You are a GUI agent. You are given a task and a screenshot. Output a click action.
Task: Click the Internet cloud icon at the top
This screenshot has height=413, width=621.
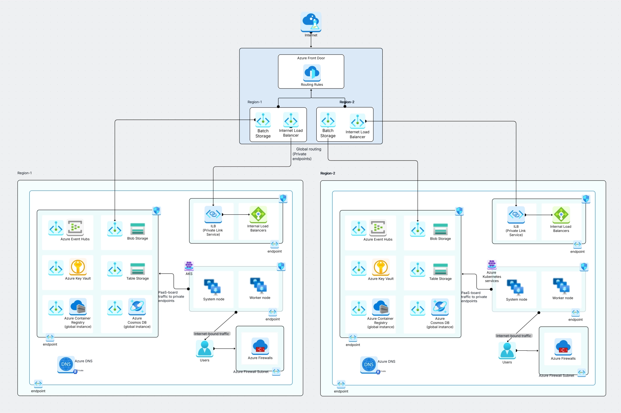311,21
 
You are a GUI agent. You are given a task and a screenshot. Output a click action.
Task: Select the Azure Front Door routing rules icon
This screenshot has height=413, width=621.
312,73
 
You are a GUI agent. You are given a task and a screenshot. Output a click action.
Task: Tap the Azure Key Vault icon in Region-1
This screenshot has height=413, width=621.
78,267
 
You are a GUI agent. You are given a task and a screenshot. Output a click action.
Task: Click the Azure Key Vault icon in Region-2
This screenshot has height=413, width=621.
381,267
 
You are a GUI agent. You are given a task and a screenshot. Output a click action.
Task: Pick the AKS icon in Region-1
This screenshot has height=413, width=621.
189,266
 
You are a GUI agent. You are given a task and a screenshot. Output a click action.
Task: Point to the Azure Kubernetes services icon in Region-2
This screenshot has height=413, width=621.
492,264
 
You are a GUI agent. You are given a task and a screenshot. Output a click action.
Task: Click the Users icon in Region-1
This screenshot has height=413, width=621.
205,348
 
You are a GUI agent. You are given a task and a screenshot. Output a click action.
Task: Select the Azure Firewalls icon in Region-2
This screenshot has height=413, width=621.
563,347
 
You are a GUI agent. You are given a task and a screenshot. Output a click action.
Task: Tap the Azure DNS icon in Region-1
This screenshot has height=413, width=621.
66,364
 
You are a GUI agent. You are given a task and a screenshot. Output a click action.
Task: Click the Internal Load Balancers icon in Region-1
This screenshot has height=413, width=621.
258,214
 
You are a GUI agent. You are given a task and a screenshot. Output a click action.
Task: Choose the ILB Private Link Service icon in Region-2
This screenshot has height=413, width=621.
516,215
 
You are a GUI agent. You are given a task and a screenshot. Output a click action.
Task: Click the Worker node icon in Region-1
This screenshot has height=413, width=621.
258,286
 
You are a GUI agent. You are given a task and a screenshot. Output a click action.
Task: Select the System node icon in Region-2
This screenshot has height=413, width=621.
516,287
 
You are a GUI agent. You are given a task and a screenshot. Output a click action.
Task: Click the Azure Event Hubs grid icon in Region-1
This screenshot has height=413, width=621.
75,228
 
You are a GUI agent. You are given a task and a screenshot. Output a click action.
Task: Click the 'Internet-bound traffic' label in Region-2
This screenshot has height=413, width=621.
514,336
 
